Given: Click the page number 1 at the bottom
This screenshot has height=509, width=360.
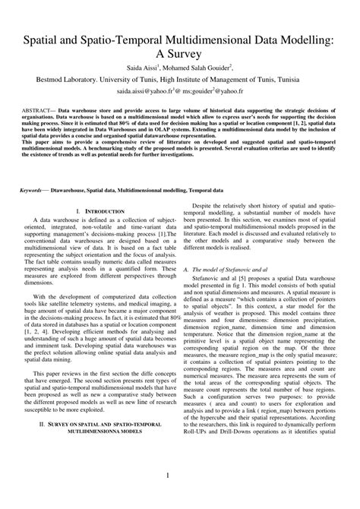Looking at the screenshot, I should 179,495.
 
